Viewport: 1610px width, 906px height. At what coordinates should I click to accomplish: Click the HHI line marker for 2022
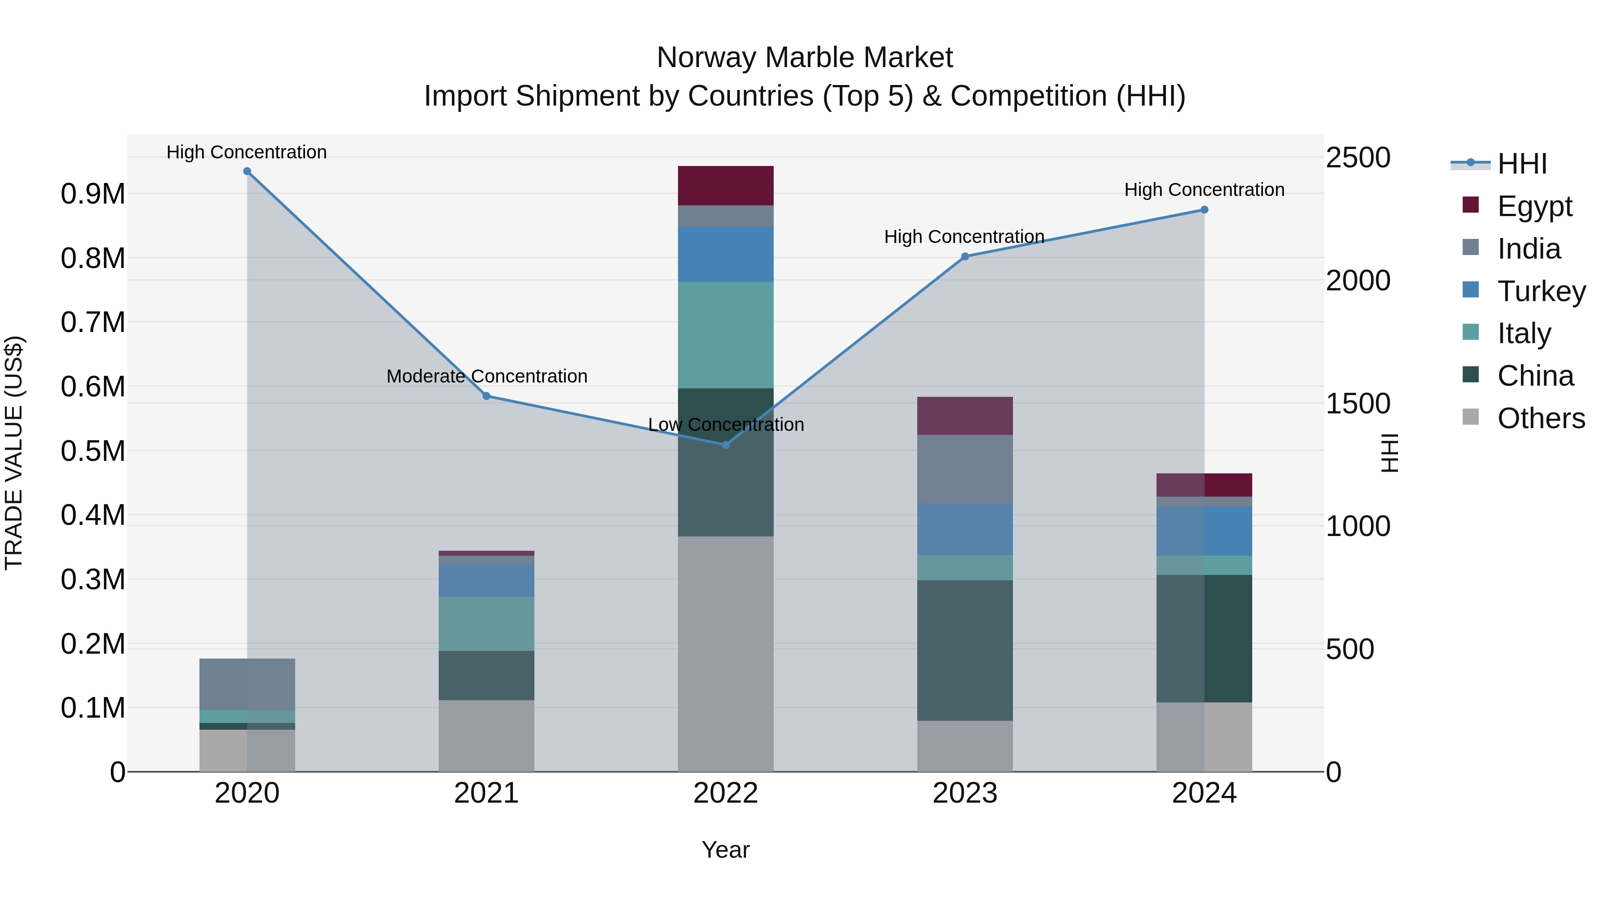click(726, 445)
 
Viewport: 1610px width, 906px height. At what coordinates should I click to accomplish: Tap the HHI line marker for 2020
click(247, 171)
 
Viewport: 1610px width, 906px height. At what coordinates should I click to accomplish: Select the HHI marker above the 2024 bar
click(1204, 210)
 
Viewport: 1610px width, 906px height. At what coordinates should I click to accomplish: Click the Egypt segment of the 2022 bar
click(726, 186)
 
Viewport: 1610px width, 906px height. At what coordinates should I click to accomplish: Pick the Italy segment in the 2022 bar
click(726, 335)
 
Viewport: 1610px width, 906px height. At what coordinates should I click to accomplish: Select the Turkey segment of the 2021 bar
click(486, 581)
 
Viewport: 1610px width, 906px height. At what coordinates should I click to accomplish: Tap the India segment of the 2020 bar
click(247, 684)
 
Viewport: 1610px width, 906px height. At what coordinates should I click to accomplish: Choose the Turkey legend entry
click(1541, 291)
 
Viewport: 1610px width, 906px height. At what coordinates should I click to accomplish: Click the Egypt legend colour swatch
click(1470, 205)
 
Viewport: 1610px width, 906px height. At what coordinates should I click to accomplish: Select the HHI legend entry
click(1522, 164)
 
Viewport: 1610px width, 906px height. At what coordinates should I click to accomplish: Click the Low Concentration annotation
click(726, 425)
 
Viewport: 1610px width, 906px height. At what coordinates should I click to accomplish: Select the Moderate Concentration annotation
click(487, 376)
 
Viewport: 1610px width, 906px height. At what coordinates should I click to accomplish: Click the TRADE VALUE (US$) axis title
click(14, 453)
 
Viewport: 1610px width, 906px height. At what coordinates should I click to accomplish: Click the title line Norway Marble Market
click(805, 58)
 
